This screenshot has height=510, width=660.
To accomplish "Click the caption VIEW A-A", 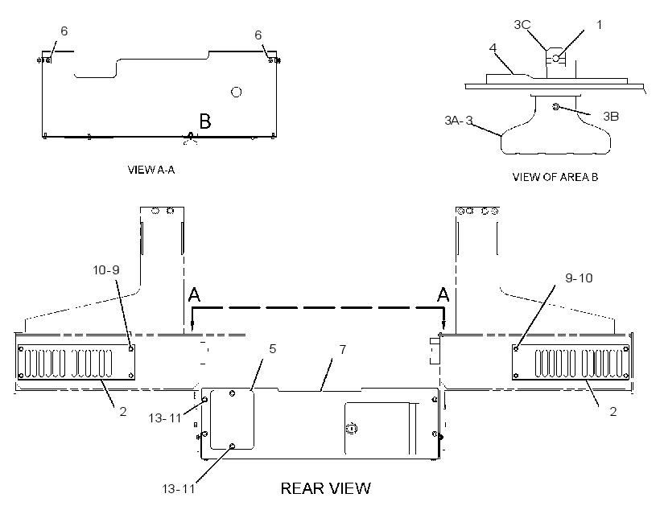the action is pyautogui.click(x=151, y=170).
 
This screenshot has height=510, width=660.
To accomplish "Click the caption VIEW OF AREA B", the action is pyautogui.click(x=555, y=177).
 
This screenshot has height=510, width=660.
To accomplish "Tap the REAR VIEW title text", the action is pyautogui.click(x=326, y=488).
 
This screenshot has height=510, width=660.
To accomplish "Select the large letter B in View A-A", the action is pyautogui.click(x=205, y=121).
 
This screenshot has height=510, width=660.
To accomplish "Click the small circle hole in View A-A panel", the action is pyautogui.click(x=237, y=92).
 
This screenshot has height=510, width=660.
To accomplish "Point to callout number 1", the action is pyautogui.click(x=600, y=25).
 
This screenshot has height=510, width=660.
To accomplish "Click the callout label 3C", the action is pyautogui.click(x=522, y=25).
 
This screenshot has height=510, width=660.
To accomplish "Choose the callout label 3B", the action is pyautogui.click(x=611, y=116).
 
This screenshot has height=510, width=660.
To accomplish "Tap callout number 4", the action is pyautogui.click(x=493, y=47).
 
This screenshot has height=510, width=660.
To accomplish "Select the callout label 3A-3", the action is pyautogui.click(x=459, y=121).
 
